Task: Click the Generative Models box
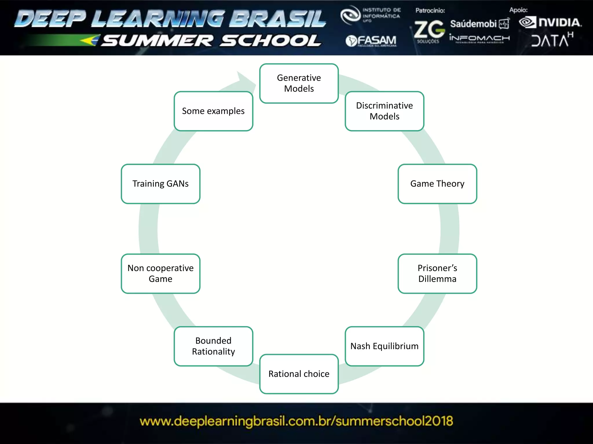pyautogui.click(x=299, y=83)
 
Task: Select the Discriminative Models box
pyautogui.click(x=384, y=111)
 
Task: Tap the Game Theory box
pyautogui.click(x=437, y=184)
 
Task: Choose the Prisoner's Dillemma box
pyautogui.click(x=437, y=273)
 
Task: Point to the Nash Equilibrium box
pyautogui.click(x=384, y=346)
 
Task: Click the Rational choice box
pyautogui.click(x=299, y=374)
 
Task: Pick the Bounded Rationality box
pyautogui.click(x=213, y=346)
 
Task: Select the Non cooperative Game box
pyautogui.click(x=160, y=273)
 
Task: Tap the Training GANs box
pyautogui.click(x=160, y=184)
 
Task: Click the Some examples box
pyautogui.click(x=213, y=111)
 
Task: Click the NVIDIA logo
pyautogui.click(x=550, y=23)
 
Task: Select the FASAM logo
pyautogui.click(x=371, y=41)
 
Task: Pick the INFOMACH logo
pyautogui.click(x=479, y=38)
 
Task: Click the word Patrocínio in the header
pyautogui.click(x=430, y=10)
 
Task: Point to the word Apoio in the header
pyautogui.click(x=518, y=10)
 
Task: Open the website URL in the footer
pyautogui.click(x=296, y=421)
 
